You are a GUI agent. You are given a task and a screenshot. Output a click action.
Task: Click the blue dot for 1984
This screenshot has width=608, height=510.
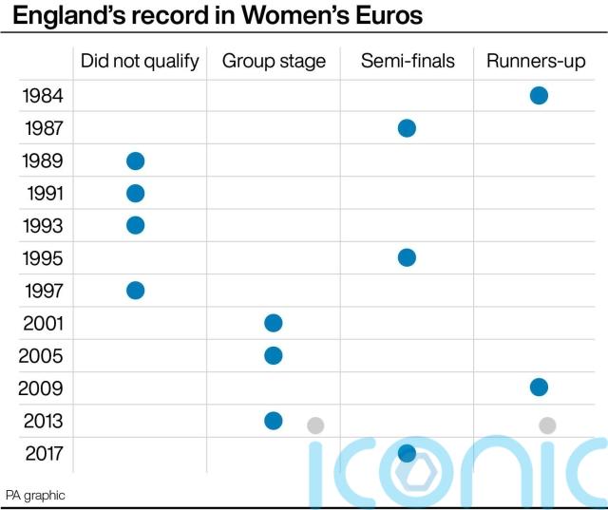pyautogui.click(x=539, y=95)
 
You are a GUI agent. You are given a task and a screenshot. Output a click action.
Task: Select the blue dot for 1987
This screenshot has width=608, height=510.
pyautogui.click(x=407, y=128)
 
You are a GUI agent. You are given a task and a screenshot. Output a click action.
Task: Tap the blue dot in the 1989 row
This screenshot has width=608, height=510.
pyautogui.click(x=135, y=161)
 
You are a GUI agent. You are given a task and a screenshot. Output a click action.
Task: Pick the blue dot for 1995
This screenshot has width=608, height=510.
pyautogui.click(x=407, y=257)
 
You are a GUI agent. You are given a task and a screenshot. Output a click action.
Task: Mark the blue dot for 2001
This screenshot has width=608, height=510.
pyautogui.click(x=273, y=323)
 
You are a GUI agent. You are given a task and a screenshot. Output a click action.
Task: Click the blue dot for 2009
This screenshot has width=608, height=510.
pyautogui.click(x=539, y=387)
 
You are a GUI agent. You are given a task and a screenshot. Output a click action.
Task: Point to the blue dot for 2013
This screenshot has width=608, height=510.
pyautogui.click(x=273, y=420)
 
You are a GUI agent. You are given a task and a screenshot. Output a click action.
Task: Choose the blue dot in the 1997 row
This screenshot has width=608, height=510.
pyautogui.click(x=135, y=290)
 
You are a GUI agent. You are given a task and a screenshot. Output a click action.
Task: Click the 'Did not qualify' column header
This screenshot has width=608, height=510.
pyautogui.click(x=140, y=62)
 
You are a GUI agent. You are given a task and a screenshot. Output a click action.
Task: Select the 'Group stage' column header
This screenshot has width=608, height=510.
pyautogui.click(x=274, y=62)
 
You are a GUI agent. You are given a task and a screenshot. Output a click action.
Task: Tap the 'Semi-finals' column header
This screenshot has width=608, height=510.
pyautogui.click(x=408, y=62)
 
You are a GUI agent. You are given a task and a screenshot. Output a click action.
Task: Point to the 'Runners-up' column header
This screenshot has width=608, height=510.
pyautogui.click(x=536, y=62)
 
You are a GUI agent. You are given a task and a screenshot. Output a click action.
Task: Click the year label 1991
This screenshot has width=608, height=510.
pyautogui.click(x=42, y=194)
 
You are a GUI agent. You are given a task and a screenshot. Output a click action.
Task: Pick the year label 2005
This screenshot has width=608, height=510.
pyautogui.click(x=42, y=355)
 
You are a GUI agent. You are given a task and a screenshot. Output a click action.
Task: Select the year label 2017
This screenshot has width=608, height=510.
pyautogui.click(x=42, y=453)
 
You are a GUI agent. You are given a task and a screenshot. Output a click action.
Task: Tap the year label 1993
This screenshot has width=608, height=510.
pyautogui.click(x=42, y=226)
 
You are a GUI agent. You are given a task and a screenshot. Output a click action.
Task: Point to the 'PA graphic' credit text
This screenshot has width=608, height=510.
pyautogui.click(x=35, y=495)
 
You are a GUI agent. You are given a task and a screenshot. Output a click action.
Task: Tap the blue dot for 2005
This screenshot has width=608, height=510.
pyautogui.click(x=273, y=355)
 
